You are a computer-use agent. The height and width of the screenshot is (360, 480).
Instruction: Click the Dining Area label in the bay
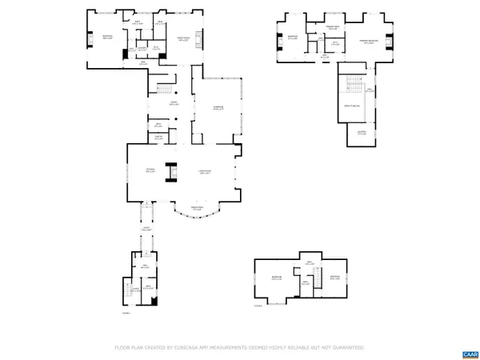click(x=197, y=209)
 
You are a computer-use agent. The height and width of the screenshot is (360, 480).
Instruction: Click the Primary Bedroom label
click(x=370, y=41)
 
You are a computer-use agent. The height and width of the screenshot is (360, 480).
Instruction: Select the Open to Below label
click(x=354, y=105)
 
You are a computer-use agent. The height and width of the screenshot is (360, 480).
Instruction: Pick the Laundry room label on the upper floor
click(x=362, y=134)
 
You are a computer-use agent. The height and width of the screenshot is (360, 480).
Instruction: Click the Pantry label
click(x=158, y=138)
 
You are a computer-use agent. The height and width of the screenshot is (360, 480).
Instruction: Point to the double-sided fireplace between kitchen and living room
click(x=170, y=172)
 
